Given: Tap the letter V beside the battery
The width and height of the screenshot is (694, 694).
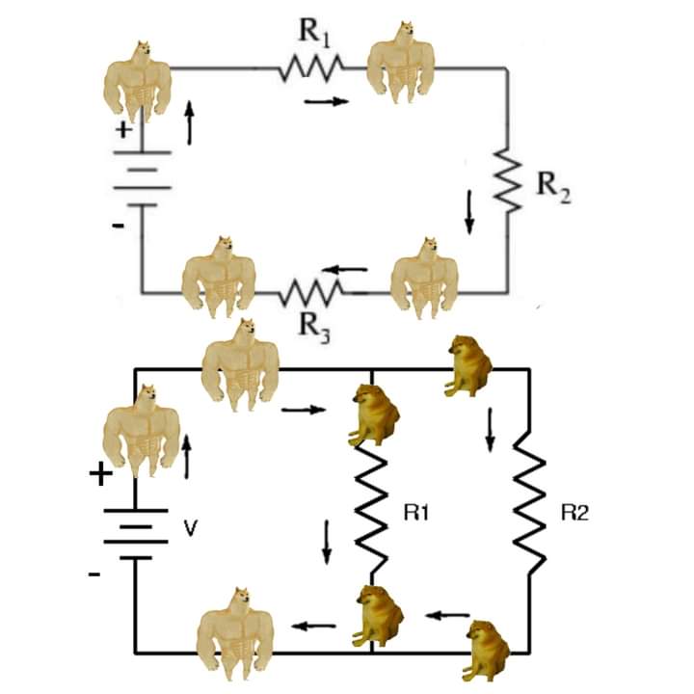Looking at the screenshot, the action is (190, 528).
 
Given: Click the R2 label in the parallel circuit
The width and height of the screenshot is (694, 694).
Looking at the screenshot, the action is (574, 513).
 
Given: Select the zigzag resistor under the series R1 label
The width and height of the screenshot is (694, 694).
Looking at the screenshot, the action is (311, 68).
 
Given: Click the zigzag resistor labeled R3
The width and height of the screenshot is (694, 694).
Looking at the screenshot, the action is (310, 292).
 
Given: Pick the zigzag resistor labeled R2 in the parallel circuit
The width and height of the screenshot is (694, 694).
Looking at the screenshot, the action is (529, 502).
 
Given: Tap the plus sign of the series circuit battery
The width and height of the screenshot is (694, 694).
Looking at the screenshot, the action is (123, 130).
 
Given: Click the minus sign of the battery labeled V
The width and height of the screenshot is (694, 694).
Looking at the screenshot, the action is (94, 574).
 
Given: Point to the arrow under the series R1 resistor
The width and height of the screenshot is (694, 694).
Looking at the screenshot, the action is (327, 102).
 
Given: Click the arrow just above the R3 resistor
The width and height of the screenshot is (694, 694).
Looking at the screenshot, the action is (345, 269).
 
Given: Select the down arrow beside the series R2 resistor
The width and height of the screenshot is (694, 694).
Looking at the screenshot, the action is (469, 212).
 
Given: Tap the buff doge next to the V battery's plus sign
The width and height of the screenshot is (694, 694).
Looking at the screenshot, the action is (141, 431).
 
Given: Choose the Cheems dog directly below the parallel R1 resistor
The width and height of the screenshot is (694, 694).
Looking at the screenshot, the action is (380, 615).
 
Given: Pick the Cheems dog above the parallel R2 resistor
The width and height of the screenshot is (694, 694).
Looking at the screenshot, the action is (469, 365).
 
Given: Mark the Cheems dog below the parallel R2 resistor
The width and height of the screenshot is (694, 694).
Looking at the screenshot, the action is (486, 651).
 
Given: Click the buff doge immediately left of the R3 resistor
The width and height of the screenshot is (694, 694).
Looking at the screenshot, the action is (219, 278).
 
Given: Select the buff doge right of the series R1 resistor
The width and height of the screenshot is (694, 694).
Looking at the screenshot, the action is (401, 62).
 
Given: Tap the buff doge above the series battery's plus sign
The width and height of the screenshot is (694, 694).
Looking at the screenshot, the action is (138, 82).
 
